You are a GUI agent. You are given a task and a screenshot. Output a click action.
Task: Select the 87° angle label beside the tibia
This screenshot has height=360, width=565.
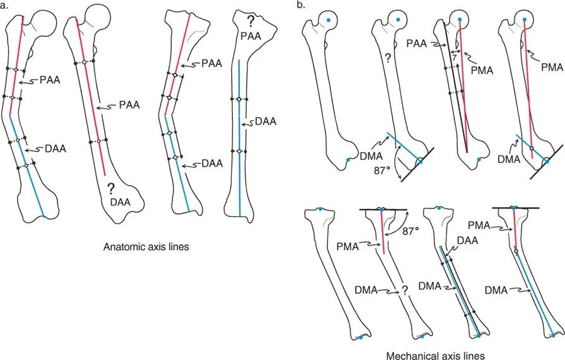(412, 232)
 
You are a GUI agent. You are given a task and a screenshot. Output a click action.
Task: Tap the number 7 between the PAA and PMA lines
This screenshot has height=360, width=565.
(453, 57)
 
